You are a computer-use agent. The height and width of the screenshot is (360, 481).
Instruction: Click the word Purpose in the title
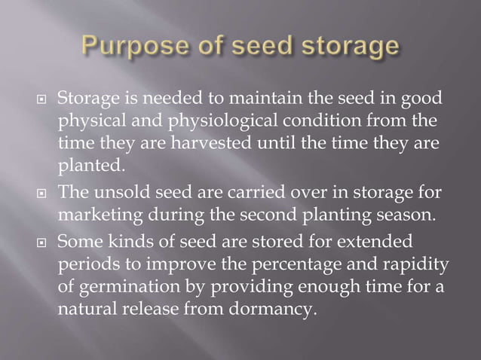pos(139,47)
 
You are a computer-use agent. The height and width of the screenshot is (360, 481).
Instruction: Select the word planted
pos(87,164)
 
